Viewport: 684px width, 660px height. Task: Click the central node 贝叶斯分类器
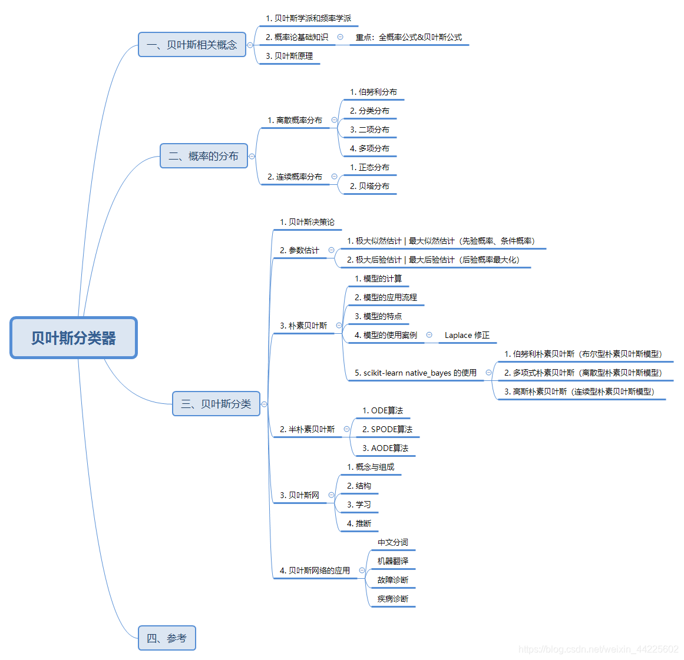[x=74, y=338]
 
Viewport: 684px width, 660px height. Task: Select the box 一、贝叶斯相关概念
[x=192, y=45]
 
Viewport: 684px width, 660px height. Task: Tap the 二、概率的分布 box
[x=204, y=156]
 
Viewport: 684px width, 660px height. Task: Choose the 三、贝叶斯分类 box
[x=216, y=404]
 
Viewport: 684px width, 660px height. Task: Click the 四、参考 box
[x=167, y=638]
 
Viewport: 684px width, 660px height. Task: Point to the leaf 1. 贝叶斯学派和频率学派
[x=308, y=19]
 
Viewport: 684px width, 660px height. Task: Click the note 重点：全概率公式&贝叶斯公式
[x=409, y=38]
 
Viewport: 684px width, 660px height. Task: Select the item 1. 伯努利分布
[x=374, y=92]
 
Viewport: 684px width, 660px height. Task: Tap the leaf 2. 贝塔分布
[x=369, y=187]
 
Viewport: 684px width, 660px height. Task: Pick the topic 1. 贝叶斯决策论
[x=307, y=223]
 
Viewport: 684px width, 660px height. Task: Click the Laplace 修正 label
[x=467, y=336]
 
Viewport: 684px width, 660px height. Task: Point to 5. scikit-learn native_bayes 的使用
[x=415, y=373]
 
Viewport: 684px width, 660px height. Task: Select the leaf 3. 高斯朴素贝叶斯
[x=579, y=392]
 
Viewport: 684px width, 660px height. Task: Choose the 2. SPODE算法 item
[x=387, y=430]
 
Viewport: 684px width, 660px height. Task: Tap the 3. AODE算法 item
[x=385, y=449]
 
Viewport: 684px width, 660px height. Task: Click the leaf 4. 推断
[x=359, y=524]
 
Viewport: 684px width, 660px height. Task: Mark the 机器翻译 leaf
[x=393, y=562]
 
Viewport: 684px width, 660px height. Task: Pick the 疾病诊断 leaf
[x=393, y=599]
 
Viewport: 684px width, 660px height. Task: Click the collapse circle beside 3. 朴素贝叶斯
[x=339, y=326]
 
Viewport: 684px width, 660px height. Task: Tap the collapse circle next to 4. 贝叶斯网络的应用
[x=362, y=571]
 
